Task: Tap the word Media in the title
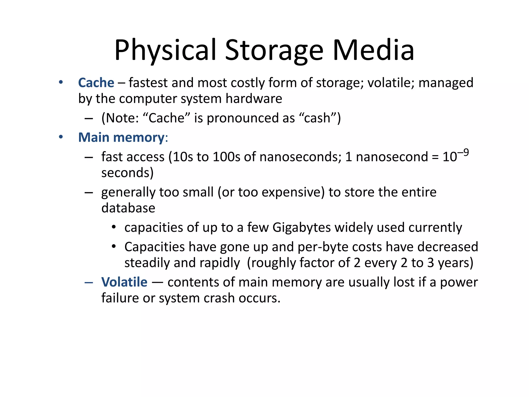[x=374, y=50]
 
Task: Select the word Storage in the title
[x=274, y=50]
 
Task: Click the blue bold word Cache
[x=96, y=83]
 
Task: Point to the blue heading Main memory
[x=121, y=138]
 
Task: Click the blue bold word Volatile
[x=124, y=282]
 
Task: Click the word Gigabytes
[x=301, y=228]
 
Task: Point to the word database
[x=128, y=208]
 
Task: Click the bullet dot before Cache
[x=61, y=82]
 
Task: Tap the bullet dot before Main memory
[x=61, y=137]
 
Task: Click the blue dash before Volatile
[x=89, y=283]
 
